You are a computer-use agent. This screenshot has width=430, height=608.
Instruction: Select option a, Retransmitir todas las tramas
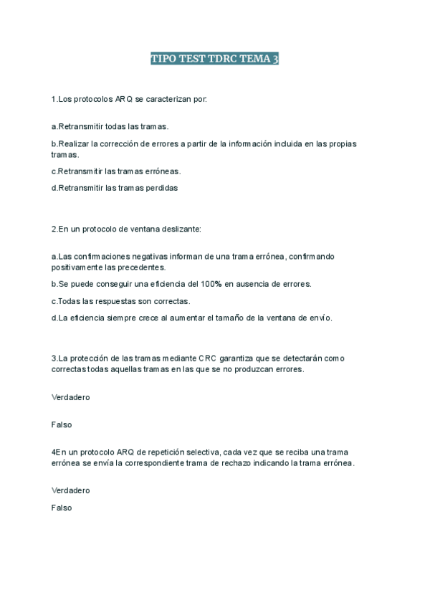tap(110, 126)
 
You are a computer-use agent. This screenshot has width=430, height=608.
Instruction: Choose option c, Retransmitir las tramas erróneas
tap(116, 171)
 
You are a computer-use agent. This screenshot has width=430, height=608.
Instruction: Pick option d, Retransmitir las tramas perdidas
tap(114, 188)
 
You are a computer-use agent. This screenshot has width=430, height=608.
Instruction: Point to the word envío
tap(320, 318)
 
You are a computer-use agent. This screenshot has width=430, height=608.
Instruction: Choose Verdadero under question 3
tap(70, 396)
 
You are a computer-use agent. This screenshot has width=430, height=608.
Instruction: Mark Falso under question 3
tap(62, 424)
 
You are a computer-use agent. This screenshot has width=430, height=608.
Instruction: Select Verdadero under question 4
tap(70, 490)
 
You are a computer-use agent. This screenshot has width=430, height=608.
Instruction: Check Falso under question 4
tap(62, 507)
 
